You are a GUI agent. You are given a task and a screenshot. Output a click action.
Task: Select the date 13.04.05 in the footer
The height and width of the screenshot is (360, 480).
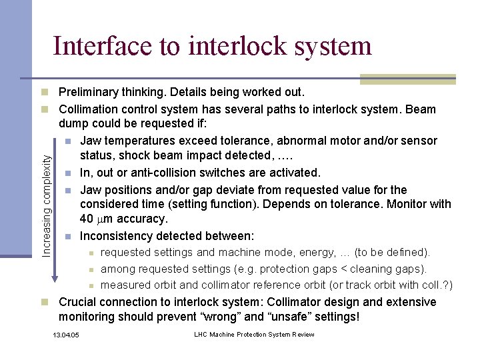point(65,335)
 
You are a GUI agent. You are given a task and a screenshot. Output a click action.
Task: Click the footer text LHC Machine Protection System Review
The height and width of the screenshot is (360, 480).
point(254,335)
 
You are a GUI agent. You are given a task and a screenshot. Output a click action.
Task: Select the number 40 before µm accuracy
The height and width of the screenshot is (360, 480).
point(87,219)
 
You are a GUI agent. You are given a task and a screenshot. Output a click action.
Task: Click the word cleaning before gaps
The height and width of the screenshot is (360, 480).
point(377,269)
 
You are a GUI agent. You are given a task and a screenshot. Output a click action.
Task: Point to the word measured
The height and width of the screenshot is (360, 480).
point(124,285)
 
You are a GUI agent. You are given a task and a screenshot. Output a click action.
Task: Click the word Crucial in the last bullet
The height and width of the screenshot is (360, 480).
point(79,302)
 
